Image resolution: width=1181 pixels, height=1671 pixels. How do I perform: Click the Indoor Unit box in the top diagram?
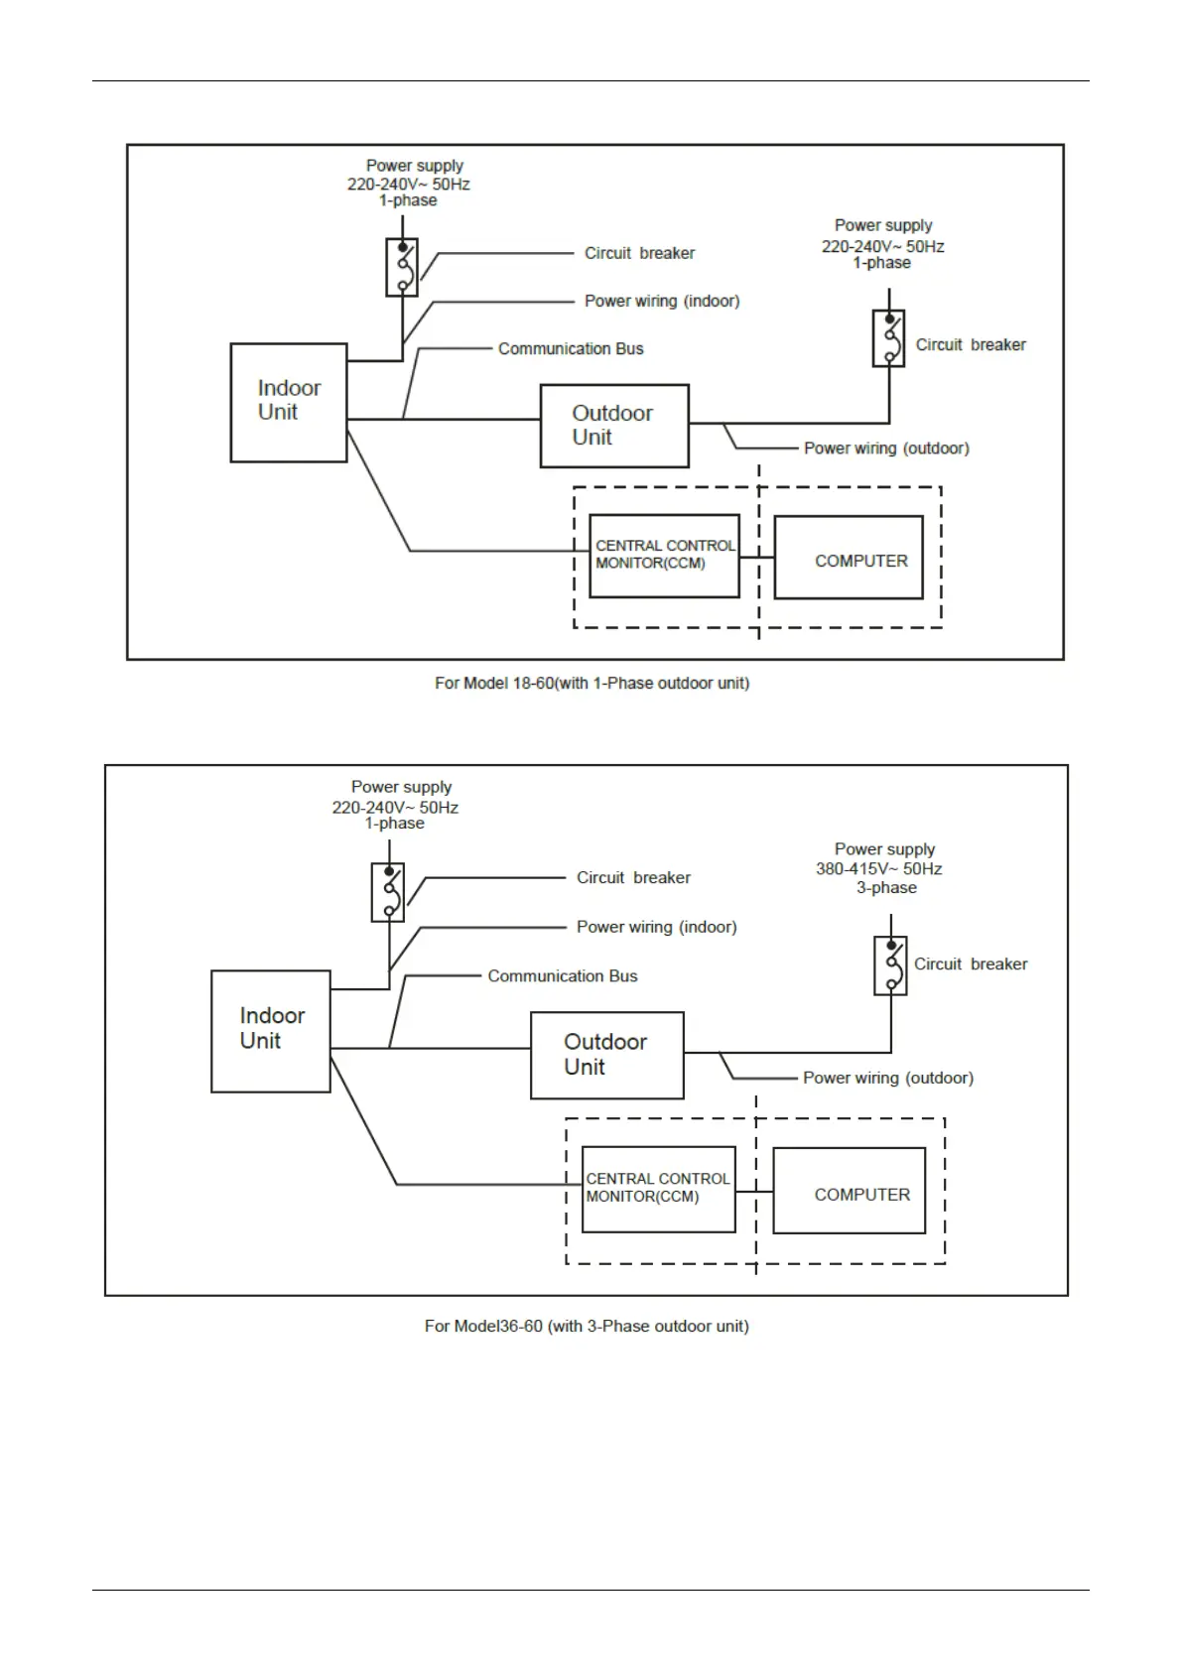click(289, 402)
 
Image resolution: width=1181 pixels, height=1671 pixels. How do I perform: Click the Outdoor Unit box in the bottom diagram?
click(607, 1055)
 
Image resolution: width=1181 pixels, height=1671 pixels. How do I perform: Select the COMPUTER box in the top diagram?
click(849, 557)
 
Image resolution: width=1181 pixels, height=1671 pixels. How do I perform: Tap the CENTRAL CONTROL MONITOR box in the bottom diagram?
click(659, 1189)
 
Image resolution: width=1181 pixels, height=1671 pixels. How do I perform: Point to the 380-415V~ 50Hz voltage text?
click(879, 868)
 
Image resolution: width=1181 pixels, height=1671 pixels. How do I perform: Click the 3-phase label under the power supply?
click(886, 887)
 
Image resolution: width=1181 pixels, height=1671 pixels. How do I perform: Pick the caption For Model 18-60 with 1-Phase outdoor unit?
click(591, 683)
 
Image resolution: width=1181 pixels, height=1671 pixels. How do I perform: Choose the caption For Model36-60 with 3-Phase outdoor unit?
click(587, 1326)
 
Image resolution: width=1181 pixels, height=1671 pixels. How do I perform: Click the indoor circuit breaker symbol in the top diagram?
click(402, 267)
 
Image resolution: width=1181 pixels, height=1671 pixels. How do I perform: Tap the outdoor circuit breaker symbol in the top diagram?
click(888, 338)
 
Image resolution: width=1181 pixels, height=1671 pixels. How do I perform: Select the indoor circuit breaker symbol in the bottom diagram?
click(388, 892)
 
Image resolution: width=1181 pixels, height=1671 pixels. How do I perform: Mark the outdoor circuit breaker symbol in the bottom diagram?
click(890, 965)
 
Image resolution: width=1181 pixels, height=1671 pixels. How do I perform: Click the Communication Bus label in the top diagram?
click(571, 348)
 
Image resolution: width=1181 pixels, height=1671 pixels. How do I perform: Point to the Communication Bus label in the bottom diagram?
click(563, 975)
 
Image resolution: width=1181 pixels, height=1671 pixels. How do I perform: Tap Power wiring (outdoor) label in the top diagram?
click(886, 448)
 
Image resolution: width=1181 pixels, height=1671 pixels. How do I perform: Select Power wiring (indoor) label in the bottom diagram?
click(657, 927)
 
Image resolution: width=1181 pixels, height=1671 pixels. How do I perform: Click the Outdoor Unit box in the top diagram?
click(614, 426)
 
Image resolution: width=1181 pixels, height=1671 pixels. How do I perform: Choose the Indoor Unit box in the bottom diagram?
click(271, 1031)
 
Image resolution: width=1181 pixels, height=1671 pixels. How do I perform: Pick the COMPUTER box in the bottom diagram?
click(850, 1191)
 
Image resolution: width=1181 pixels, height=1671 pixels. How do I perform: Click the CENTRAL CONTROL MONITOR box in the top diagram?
click(665, 556)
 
